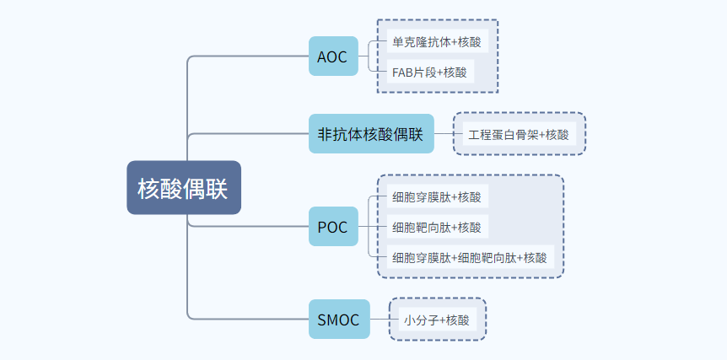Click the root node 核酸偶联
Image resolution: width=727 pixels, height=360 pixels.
(x=184, y=188)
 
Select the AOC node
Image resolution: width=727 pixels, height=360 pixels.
(x=333, y=56)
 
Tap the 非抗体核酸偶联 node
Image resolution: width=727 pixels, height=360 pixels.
(x=371, y=133)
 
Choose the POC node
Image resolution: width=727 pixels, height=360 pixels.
(x=333, y=227)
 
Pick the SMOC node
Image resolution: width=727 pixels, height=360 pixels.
(x=339, y=320)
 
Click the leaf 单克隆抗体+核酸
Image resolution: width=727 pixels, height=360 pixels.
(x=437, y=43)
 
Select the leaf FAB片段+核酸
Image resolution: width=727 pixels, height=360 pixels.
(x=430, y=73)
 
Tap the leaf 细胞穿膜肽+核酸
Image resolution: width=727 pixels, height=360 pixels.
(x=437, y=197)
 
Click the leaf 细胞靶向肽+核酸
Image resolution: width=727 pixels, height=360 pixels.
(x=437, y=227)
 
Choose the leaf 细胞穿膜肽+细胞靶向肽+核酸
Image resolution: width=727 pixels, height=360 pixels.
(x=470, y=257)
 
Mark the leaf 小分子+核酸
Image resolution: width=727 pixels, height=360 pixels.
(x=437, y=320)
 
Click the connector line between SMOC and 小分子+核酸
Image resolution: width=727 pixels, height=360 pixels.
(x=385, y=320)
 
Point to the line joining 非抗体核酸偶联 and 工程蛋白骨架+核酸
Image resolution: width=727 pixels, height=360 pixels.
(x=449, y=133)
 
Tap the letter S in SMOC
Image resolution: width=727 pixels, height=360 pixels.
(x=323, y=320)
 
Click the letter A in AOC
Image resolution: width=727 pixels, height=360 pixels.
(x=323, y=56)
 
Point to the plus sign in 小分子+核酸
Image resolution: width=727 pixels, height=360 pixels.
(x=442, y=320)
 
